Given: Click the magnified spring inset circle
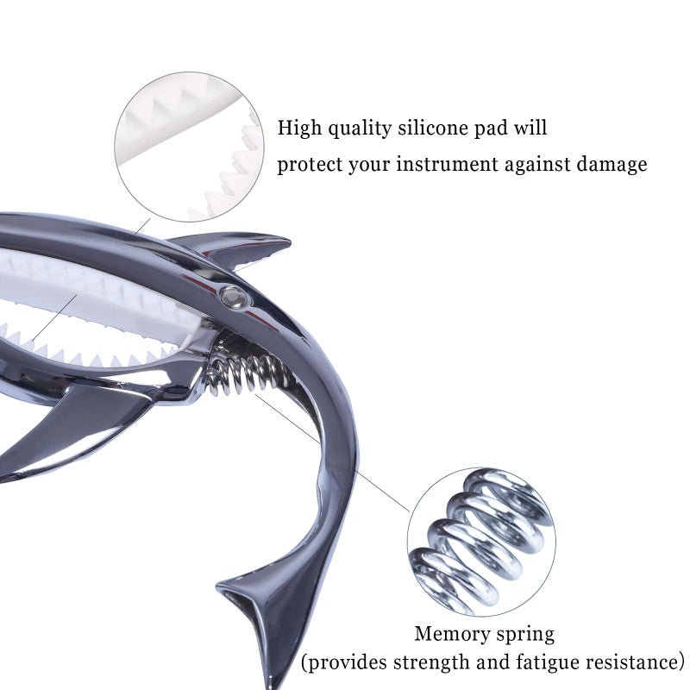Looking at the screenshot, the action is pos(481,542).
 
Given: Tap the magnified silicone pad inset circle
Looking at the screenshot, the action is pos(189,147).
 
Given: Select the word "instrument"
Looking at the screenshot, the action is pos(447,165).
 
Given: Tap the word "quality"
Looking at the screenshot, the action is pos(360,129).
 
